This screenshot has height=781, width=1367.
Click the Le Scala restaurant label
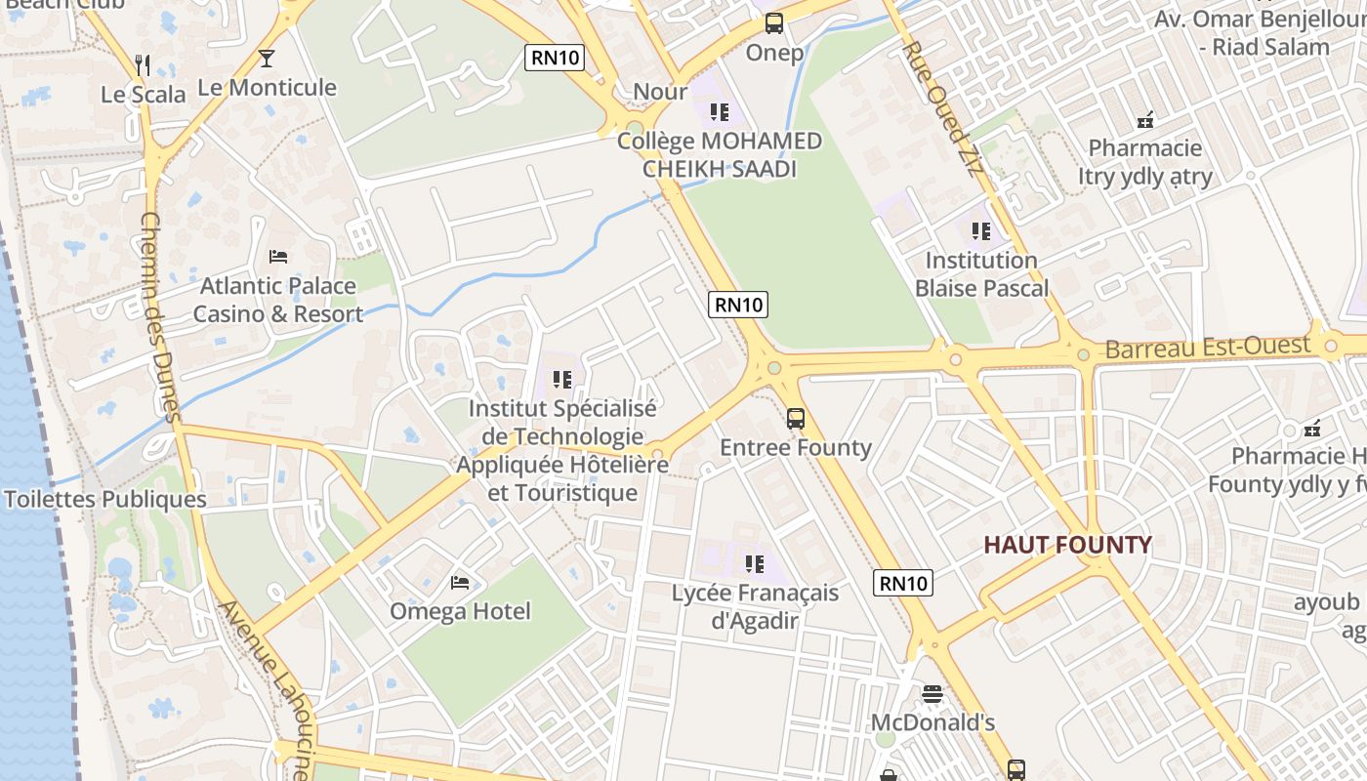[x=144, y=95]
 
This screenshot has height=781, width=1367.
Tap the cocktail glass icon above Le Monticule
[x=267, y=59]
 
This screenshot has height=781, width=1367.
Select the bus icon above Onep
[x=774, y=23]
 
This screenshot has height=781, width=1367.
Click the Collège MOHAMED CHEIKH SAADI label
[x=720, y=155]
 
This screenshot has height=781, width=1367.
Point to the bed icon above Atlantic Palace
[x=278, y=257]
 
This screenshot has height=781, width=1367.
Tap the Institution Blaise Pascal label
[x=981, y=274]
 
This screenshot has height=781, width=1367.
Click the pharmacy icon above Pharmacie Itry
[x=1145, y=120]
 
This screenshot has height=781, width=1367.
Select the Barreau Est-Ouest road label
[x=1207, y=347]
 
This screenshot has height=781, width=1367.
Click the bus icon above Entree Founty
[x=796, y=419]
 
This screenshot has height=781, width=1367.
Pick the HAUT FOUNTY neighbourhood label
[x=1067, y=545]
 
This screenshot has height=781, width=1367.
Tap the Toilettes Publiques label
[x=105, y=500]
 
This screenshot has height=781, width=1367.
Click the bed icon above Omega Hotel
[x=460, y=583]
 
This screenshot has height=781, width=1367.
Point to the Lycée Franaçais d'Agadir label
[x=755, y=606]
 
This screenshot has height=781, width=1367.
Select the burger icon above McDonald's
[x=932, y=694]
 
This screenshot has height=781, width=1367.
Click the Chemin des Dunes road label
[x=161, y=317]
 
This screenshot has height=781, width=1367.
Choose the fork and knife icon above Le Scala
[x=144, y=65]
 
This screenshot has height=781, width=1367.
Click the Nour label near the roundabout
[x=661, y=92]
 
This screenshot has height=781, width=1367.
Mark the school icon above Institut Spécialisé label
[x=561, y=379]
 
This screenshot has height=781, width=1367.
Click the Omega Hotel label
[x=460, y=612]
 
